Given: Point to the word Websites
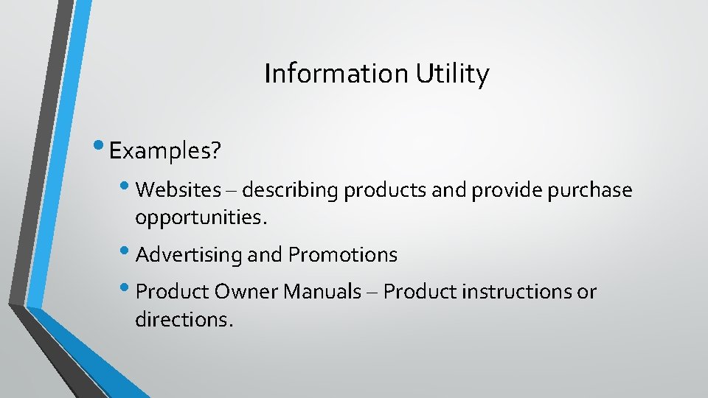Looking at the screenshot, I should click(x=178, y=190).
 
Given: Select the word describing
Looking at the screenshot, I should click(x=290, y=191).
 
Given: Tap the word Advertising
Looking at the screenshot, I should click(x=189, y=255).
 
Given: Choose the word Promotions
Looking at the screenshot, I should click(x=343, y=255).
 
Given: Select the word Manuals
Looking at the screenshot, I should click(x=321, y=292).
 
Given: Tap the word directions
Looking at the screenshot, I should click(x=184, y=320).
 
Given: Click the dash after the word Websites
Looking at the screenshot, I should click(x=232, y=191).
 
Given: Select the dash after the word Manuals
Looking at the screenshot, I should click(x=372, y=293).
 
